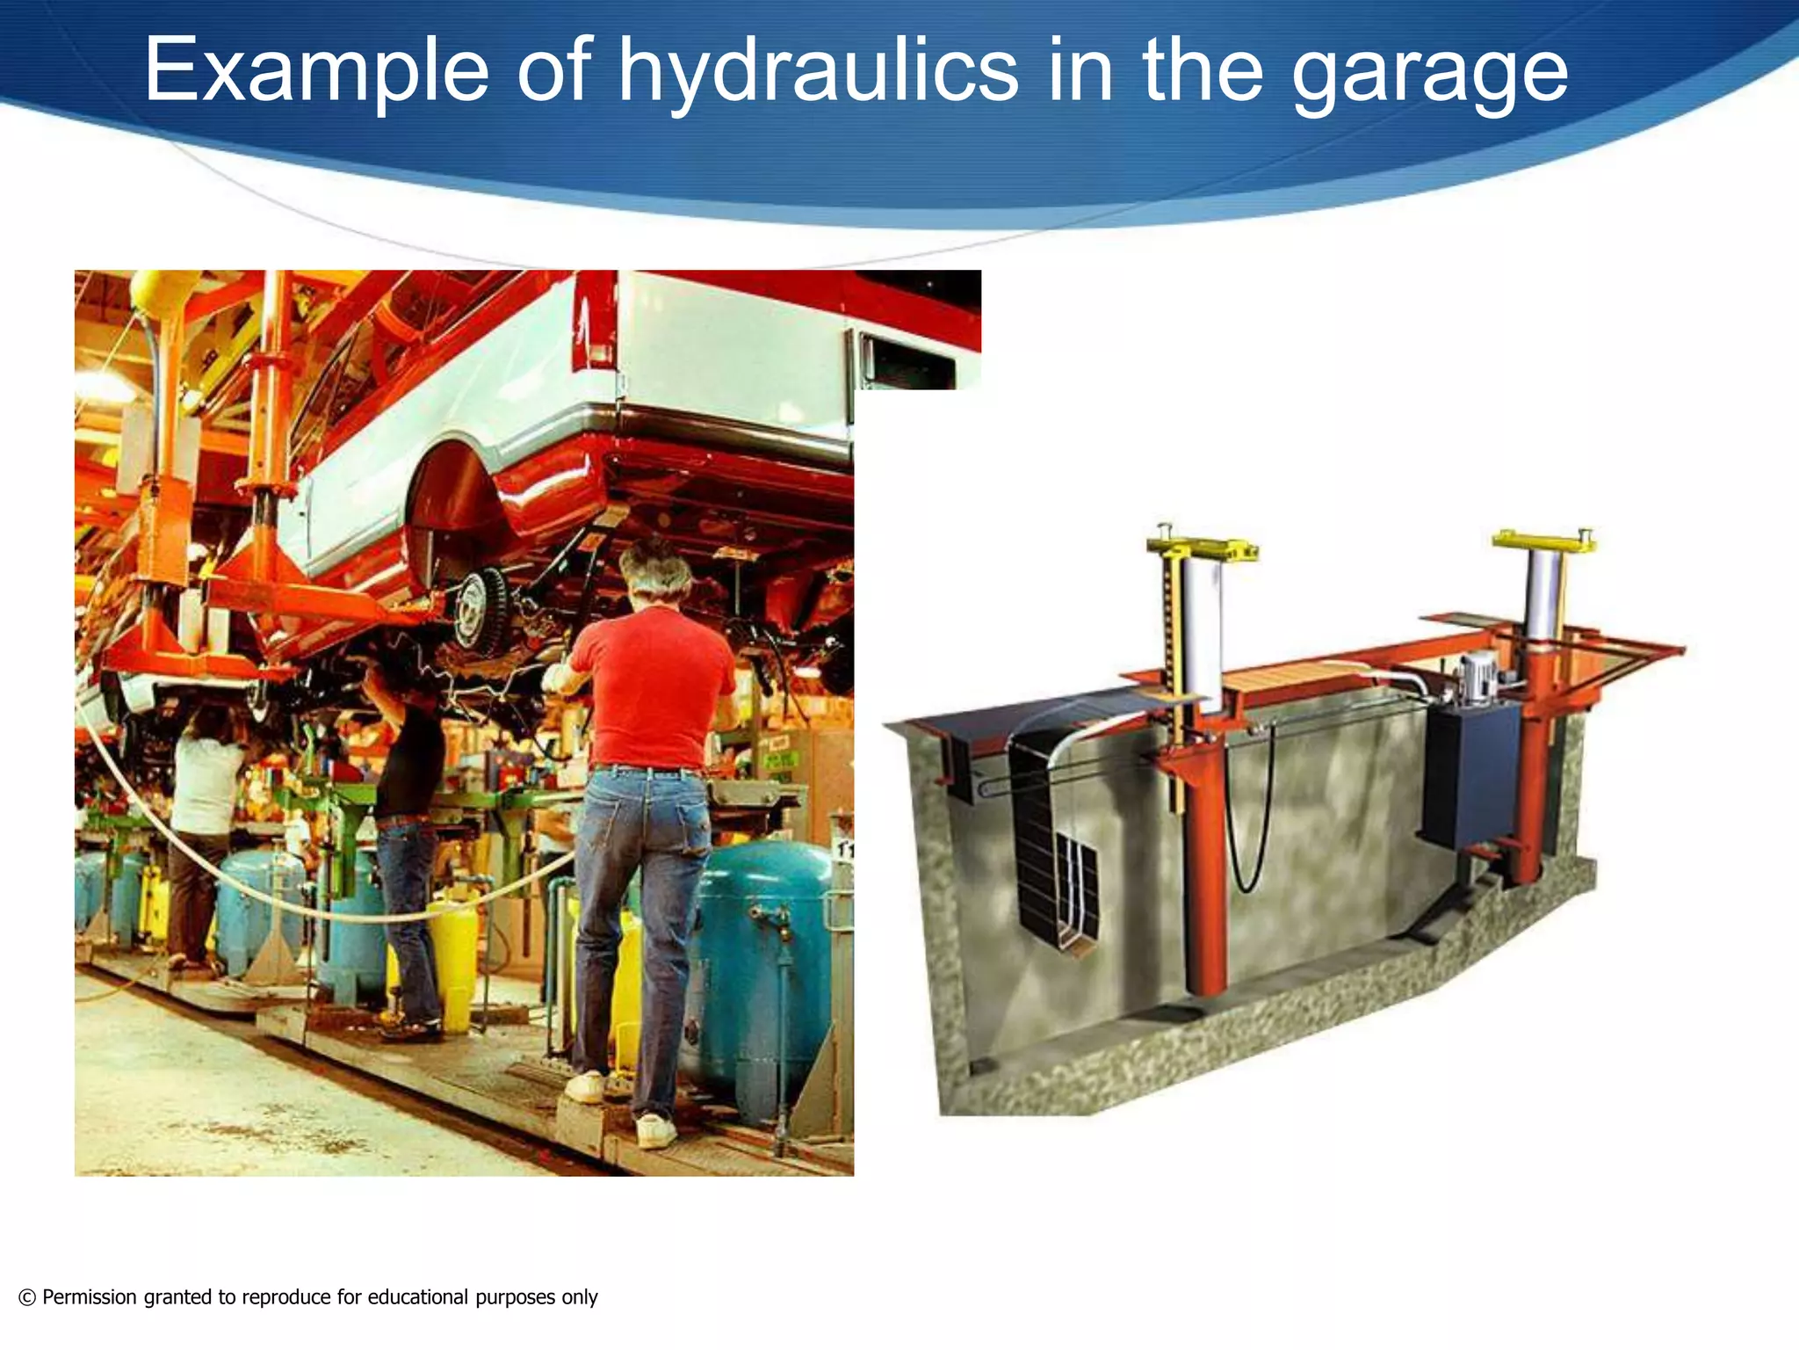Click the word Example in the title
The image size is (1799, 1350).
(316, 70)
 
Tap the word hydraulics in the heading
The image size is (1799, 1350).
(818, 70)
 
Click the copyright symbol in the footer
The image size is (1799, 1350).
(27, 1297)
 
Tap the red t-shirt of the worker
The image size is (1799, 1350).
(654, 686)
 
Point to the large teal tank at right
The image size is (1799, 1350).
(764, 967)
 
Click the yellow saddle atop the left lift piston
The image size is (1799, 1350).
(1202, 547)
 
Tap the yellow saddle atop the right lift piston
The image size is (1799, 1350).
(1543, 538)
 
